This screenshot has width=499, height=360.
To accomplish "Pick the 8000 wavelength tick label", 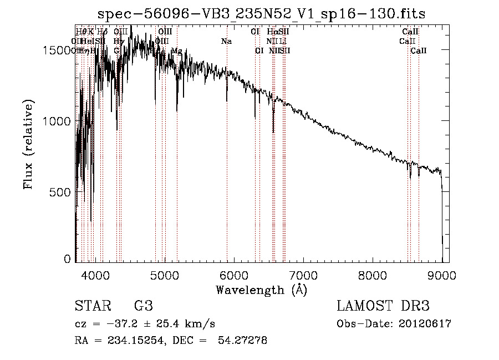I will pyautogui.click(x=373, y=274).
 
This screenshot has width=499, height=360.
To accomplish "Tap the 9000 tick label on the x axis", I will pyautogui.click(x=442, y=274).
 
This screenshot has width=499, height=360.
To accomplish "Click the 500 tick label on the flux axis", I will pyautogui.click(x=62, y=192).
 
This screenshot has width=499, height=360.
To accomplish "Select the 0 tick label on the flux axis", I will pyautogui.click(x=68, y=258).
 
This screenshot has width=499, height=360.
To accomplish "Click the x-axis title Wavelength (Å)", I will pyautogui.click(x=261, y=290).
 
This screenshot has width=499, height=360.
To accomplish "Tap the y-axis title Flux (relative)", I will pyautogui.click(x=29, y=144).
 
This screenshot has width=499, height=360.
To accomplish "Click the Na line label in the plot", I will pyautogui.click(x=226, y=42).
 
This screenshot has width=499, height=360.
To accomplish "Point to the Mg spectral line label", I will pyautogui.click(x=177, y=51).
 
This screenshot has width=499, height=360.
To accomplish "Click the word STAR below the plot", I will pyautogui.click(x=91, y=306).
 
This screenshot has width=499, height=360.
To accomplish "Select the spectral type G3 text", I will pyautogui.click(x=143, y=306).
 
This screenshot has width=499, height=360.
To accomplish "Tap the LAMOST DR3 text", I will pyautogui.click(x=383, y=306).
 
